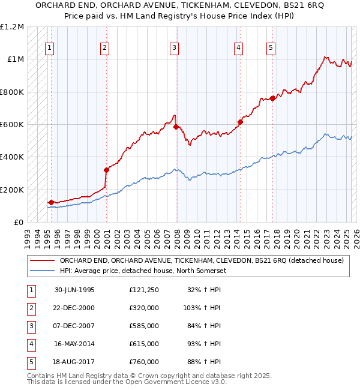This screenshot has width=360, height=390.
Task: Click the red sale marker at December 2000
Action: coord(106,170)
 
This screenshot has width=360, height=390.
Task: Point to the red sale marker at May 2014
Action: coord(239,122)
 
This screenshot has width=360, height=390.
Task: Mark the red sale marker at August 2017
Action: coord(272,98)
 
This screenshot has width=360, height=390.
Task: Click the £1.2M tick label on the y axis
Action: coord(13,27)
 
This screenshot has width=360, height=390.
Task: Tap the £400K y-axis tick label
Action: coord(12,157)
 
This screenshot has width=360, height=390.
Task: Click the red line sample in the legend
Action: coord(43,260)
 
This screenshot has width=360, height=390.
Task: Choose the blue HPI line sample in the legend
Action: coord(43,271)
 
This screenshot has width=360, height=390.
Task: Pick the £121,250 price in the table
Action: coord(143,290)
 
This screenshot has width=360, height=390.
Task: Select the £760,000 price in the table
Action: coord(143,362)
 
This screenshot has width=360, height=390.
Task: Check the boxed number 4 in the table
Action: coord(29,344)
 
